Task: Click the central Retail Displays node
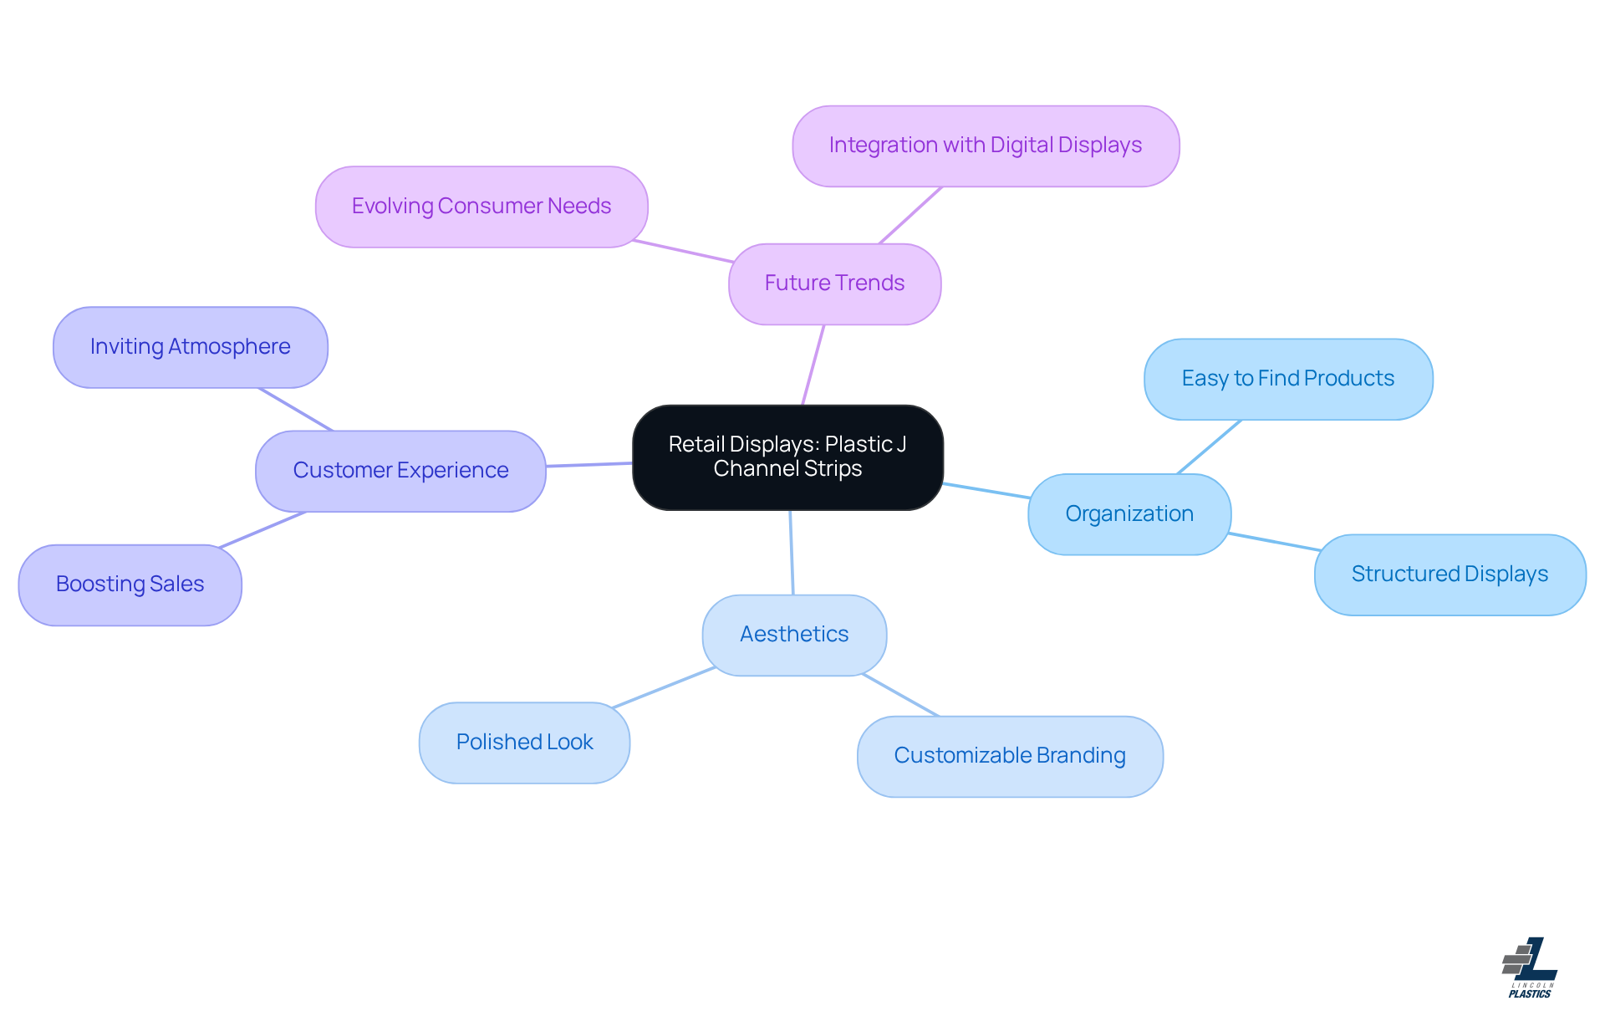[x=787, y=457]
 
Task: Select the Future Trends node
[x=834, y=283]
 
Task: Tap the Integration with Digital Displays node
[x=985, y=146]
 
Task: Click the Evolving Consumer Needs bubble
[x=481, y=206]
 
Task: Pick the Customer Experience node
[x=400, y=470]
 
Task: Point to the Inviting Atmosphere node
[x=190, y=346]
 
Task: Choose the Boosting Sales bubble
[x=130, y=584]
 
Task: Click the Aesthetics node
[x=793, y=634]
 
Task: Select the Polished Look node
[x=524, y=742]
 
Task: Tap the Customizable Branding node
[x=1009, y=755]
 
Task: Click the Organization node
[x=1129, y=513]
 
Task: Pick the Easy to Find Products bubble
[x=1287, y=378]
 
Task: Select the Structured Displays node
[x=1449, y=574]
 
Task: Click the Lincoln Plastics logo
[x=1530, y=967]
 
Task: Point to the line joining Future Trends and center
[x=813, y=365]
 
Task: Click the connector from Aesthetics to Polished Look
[x=663, y=688]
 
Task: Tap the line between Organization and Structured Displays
[x=1274, y=541]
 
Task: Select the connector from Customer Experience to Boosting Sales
[x=262, y=530]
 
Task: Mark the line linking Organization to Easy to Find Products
[x=1209, y=447]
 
